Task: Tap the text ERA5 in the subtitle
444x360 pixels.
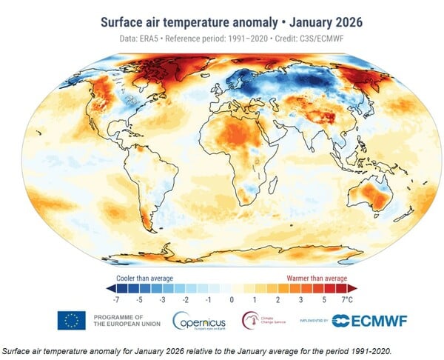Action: tap(158, 39)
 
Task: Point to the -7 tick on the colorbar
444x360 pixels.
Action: tap(115, 301)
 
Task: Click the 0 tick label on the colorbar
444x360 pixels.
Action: tap(232, 301)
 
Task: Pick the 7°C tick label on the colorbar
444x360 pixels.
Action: tap(347, 301)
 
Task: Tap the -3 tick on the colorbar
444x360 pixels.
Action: tap(162, 301)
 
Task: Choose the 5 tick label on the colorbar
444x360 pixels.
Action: tap(324, 301)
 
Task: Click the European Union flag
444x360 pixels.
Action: tap(73, 320)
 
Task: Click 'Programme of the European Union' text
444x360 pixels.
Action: tap(120, 320)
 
